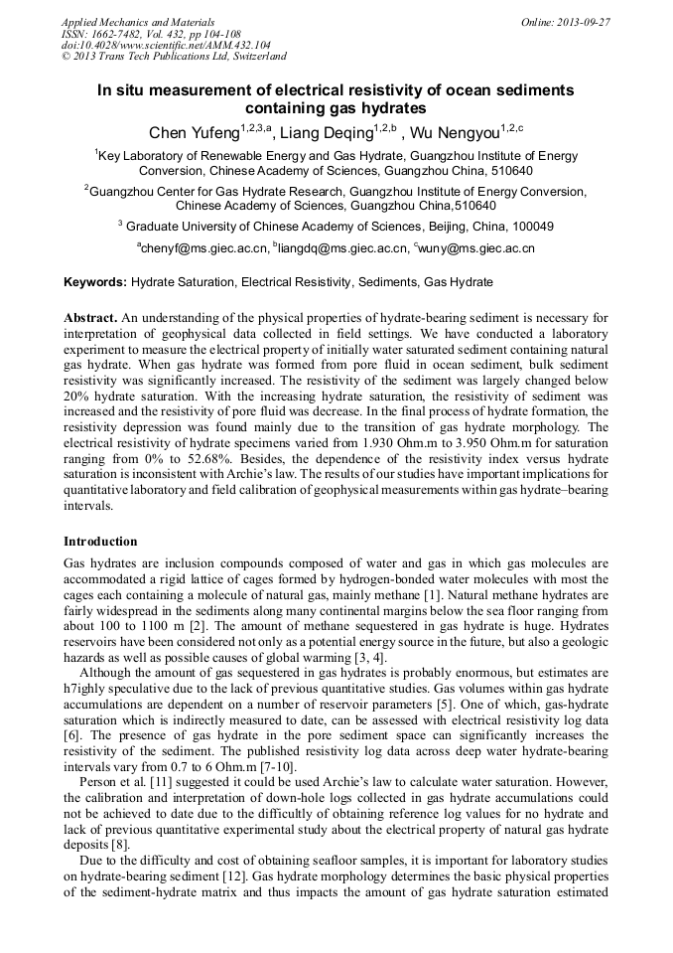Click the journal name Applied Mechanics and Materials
click(137, 21)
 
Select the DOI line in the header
click(165, 45)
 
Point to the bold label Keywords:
click(95, 282)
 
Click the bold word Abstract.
click(90, 317)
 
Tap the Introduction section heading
click(100, 542)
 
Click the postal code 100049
click(526, 226)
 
